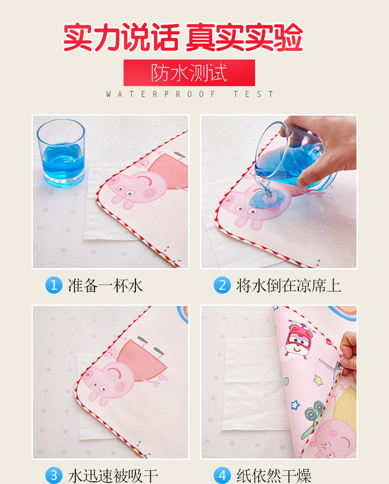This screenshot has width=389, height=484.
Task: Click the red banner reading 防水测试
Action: (189, 73)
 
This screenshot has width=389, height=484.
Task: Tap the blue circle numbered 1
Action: (54, 285)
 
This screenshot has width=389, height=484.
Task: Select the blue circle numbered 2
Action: (222, 285)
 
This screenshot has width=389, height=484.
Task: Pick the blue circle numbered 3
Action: (54, 475)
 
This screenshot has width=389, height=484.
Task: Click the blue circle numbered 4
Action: (222, 475)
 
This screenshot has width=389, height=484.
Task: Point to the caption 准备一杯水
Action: (105, 285)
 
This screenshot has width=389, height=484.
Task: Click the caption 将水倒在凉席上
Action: (289, 285)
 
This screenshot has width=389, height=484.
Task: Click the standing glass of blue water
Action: (61, 153)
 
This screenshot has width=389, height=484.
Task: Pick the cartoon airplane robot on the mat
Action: (298, 339)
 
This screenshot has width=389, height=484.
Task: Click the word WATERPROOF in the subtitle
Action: (161, 94)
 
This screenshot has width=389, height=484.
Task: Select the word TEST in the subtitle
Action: (254, 94)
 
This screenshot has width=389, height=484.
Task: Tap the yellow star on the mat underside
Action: (318, 380)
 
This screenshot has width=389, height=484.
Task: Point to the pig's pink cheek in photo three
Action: (120, 387)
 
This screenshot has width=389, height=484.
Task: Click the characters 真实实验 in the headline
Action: (244, 37)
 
